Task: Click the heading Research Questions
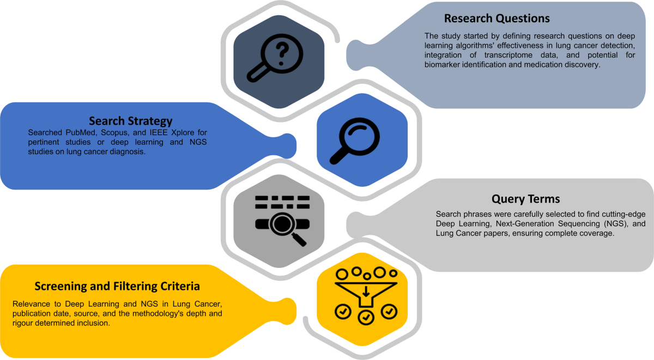click(496, 18)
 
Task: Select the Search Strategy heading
click(131, 120)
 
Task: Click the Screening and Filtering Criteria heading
click(117, 286)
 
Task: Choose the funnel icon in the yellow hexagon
click(365, 295)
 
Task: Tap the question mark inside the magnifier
click(282, 51)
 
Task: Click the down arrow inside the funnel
click(366, 294)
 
